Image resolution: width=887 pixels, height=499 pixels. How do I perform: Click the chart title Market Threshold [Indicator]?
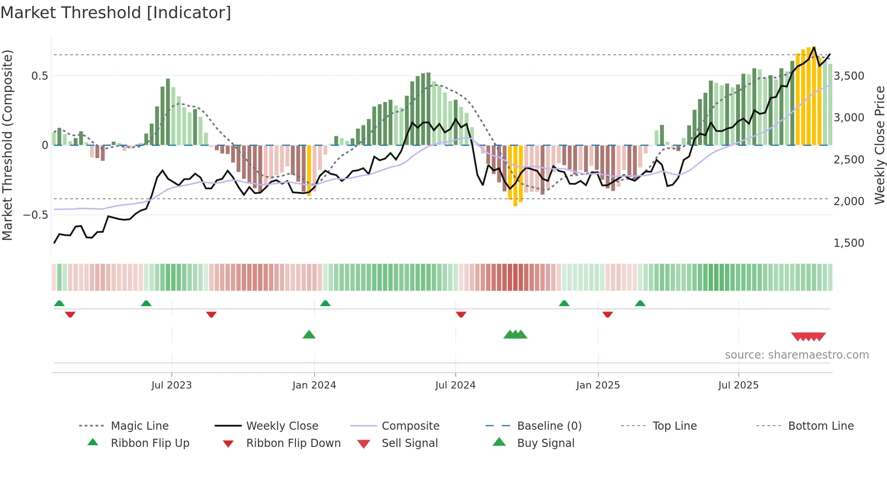point(116,13)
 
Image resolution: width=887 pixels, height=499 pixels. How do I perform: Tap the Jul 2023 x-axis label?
point(172,385)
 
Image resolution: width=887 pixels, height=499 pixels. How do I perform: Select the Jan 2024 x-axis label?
point(314,385)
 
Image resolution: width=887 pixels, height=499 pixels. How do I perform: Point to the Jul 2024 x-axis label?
point(455,385)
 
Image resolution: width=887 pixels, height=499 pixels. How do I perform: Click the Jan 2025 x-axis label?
point(598,385)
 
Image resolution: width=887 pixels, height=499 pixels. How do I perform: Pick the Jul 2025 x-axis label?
point(738,385)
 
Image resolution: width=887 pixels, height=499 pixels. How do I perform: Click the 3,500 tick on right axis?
point(849,76)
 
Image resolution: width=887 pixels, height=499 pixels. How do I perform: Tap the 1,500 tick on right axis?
point(849,243)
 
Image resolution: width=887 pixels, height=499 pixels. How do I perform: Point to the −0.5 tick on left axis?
point(36,215)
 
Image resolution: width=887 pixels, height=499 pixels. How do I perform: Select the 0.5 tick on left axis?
point(40,76)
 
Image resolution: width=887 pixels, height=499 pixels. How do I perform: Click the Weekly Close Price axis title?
point(879,145)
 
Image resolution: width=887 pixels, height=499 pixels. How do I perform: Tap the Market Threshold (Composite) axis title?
point(7,145)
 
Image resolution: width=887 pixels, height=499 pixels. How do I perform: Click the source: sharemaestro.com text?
point(796,355)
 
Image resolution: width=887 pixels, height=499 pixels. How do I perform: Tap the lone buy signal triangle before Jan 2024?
point(309,335)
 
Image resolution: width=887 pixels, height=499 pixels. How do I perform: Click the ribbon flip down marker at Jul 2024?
point(461,314)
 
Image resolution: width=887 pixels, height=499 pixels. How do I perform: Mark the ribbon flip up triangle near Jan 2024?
point(325,303)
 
